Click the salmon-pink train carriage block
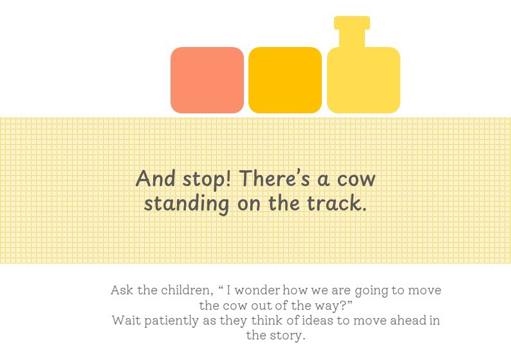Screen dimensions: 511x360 coord(207,81)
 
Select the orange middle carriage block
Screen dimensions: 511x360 coord(285,81)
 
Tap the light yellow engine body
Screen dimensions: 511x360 coord(364,81)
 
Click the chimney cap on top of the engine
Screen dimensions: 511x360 coord(352,23)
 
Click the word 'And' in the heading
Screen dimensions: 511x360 coord(155,178)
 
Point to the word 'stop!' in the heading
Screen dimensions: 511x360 coord(207,180)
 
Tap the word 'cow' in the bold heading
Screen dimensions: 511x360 coord(356,180)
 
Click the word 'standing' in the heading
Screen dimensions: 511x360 coord(187,204)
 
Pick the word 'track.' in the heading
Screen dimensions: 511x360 coord(337,203)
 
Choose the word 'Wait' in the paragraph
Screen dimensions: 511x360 coord(126,320)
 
